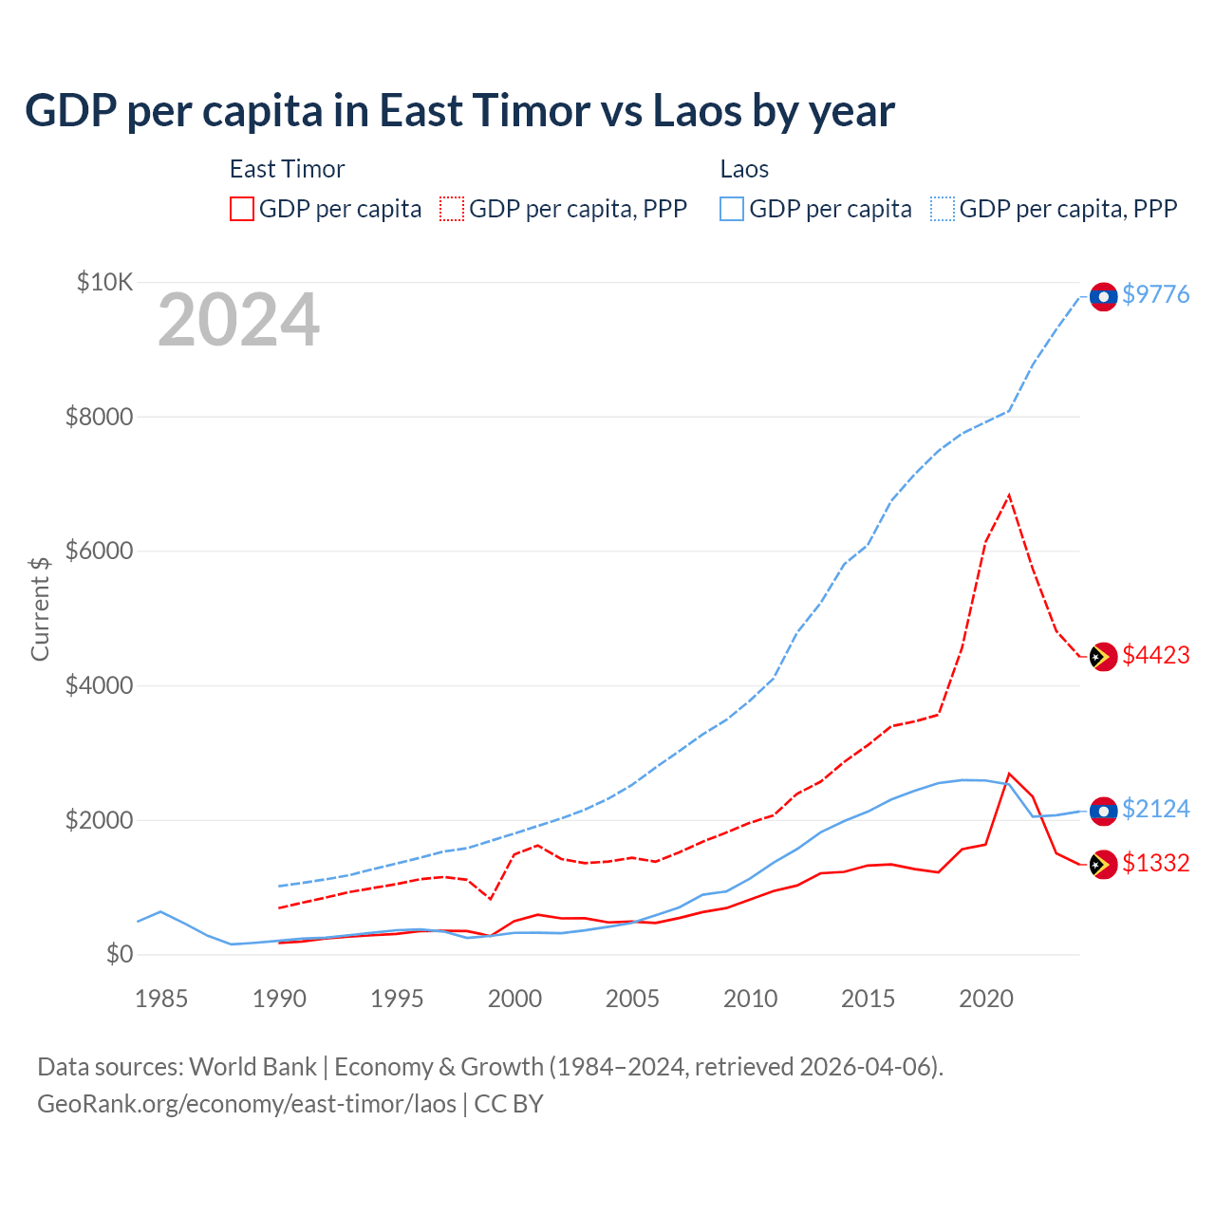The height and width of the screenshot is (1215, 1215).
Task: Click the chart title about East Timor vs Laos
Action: [x=459, y=111]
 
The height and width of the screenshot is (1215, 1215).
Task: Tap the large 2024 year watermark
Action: [x=238, y=321]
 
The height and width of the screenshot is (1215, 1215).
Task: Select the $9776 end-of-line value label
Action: [x=1155, y=294]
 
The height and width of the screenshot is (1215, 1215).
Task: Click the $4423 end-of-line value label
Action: [x=1155, y=655]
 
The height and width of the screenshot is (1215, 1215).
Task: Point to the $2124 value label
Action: [x=1155, y=809]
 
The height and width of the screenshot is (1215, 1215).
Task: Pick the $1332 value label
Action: [x=1155, y=863]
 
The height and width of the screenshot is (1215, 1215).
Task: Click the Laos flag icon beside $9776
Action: [x=1103, y=297]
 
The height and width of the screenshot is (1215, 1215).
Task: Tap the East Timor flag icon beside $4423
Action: [x=1103, y=657]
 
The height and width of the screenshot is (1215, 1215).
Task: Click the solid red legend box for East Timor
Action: [x=242, y=209]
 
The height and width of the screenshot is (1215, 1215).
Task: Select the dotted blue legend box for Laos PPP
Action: [x=943, y=209]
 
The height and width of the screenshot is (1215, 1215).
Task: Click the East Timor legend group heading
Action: [x=287, y=169]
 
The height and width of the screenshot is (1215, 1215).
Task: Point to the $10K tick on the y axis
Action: [x=104, y=282]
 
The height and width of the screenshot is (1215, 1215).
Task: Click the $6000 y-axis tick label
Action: [x=99, y=551]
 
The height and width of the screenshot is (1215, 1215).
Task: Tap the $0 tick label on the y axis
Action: [x=119, y=954]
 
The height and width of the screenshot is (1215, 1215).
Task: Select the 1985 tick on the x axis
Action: [x=161, y=999]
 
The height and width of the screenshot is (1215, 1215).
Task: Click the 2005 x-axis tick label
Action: [x=632, y=999]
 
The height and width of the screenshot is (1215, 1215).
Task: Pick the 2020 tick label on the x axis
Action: [x=986, y=999]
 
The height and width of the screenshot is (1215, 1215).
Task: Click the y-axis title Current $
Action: [x=40, y=608]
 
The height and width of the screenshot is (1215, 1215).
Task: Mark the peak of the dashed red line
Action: [x=1009, y=495]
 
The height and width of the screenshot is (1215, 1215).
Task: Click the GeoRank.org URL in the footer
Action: [x=247, y=1104]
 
